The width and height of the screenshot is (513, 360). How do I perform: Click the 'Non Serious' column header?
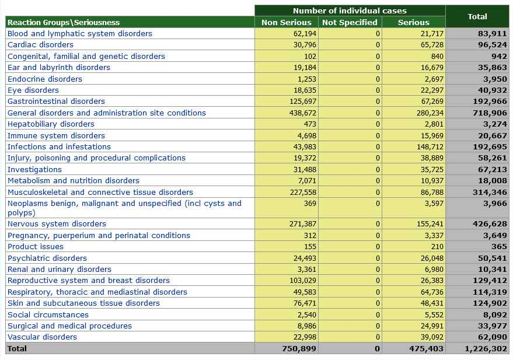pyautogui.click(x=287, y=22)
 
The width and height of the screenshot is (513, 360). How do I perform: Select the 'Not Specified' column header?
pyautogui.click(x=350, y=22)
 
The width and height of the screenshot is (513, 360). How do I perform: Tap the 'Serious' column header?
pyautogui.click(x=413, y=22)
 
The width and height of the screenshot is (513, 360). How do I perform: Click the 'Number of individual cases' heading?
pyautogui.click(x=350, y=11)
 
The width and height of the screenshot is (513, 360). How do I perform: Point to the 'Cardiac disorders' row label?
pyautogui.click(x=40, y=45)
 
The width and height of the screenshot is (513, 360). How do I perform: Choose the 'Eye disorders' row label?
pyautogui.click(x=33, y=90)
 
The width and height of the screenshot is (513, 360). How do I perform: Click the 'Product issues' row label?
pyautogui.click(x=36, y=247)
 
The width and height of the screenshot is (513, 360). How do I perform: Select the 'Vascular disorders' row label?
pyautogui.click(x=42, y=337)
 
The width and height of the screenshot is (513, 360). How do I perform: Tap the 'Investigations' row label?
pyautogui.click(x=34, y=170)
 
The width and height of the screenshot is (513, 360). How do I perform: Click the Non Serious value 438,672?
pyautogui.click(x=303, y=113)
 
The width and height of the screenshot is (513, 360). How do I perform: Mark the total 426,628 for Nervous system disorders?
pyautogui.click(x=490, y=224)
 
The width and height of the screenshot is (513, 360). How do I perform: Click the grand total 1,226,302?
pyautogui.click(x=486, y=349)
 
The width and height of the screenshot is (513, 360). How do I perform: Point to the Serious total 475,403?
pyautogui.click(x=427, y=349)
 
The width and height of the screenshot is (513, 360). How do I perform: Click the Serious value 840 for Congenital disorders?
pyautogui.click(x=437, y=57)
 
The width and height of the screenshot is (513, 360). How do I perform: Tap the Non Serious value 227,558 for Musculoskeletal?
pyautogui.click(x=303, y=193)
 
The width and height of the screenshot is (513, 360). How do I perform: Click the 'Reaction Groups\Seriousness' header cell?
pyautogui.click(x=64, y=22)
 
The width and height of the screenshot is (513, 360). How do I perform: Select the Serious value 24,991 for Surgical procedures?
pyautogui.click(x=431, y=326)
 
